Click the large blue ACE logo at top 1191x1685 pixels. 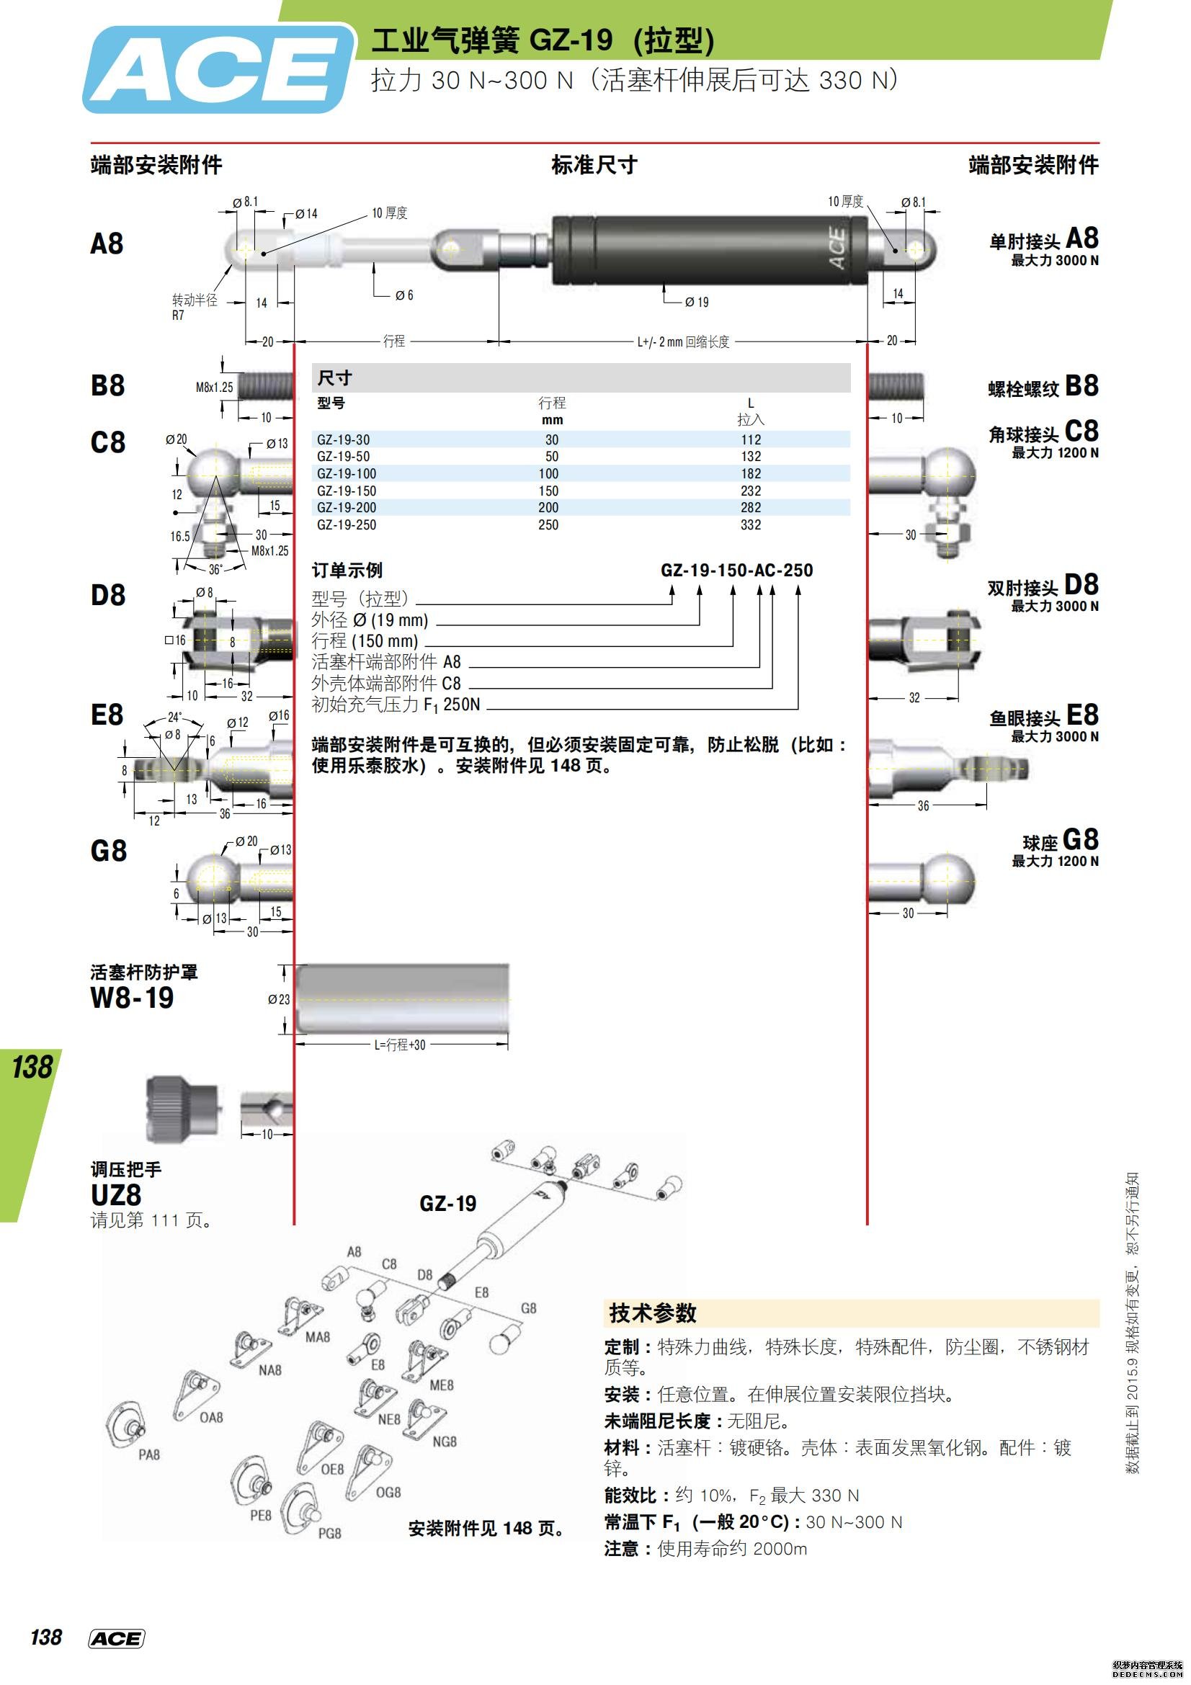[x=218, y=70]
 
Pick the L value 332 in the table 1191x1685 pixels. [x=750, y=525]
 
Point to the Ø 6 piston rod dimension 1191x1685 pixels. [x=403, y=296]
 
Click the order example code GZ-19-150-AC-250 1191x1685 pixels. [x=736, y=571]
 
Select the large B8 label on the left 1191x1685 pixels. [x=107, y=385]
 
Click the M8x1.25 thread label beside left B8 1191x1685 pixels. [x=213, y=388]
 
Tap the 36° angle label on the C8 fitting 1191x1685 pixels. [x=215, y=570]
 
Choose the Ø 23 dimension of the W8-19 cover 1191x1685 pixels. [x=278, y=1000]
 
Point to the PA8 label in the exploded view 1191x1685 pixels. [x=149, y=1454]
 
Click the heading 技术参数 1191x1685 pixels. [x=652, y=1314]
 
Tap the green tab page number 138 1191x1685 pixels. [x=32, y=1067]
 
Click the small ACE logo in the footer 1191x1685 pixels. [x=116, y=1640]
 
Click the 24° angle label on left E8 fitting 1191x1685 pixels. [x=174, y=717]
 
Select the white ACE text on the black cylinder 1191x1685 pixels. [x=837, y=249]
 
